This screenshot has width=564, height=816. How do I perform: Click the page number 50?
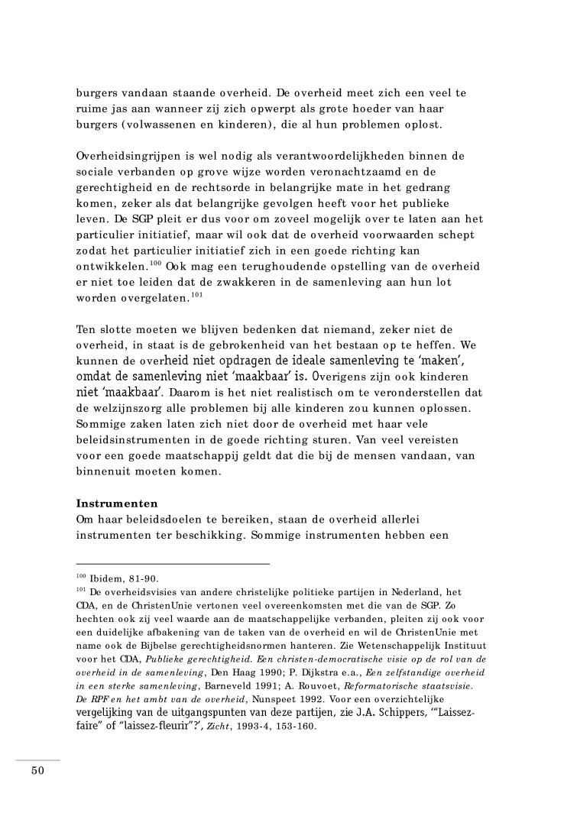[x=37, y=771]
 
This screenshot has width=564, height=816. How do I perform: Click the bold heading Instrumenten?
[x=115, y=505]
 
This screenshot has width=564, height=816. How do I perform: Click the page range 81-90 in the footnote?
[x=143, y=578]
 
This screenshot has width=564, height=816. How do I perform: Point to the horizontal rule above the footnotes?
[x=173, y=564]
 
